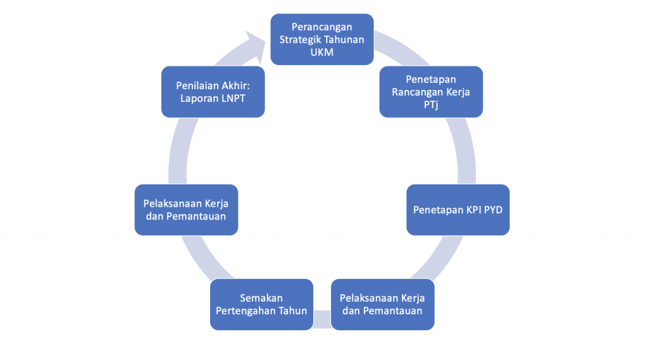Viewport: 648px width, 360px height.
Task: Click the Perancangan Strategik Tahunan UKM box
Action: tap(322, 39)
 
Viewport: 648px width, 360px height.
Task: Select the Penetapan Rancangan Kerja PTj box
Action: tap(431, 91)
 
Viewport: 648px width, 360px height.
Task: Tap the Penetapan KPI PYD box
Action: tap(458, 209)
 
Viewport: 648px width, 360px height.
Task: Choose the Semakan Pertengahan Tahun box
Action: tap(261, 304)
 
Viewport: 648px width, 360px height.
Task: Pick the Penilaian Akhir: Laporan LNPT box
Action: tap(213, 91)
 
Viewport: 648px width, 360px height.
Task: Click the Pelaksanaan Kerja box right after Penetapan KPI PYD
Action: tap(382, 304)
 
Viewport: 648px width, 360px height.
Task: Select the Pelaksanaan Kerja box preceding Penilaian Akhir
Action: tap(186, 209)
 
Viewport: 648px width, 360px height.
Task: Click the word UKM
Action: tap(322, 51)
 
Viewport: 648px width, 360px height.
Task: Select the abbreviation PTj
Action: tap(431, 104)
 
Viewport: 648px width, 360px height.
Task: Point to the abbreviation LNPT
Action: tap(233, 97)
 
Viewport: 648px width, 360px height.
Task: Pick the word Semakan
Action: tap(261, 297)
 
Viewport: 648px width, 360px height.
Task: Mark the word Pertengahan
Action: tap(245, 310)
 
